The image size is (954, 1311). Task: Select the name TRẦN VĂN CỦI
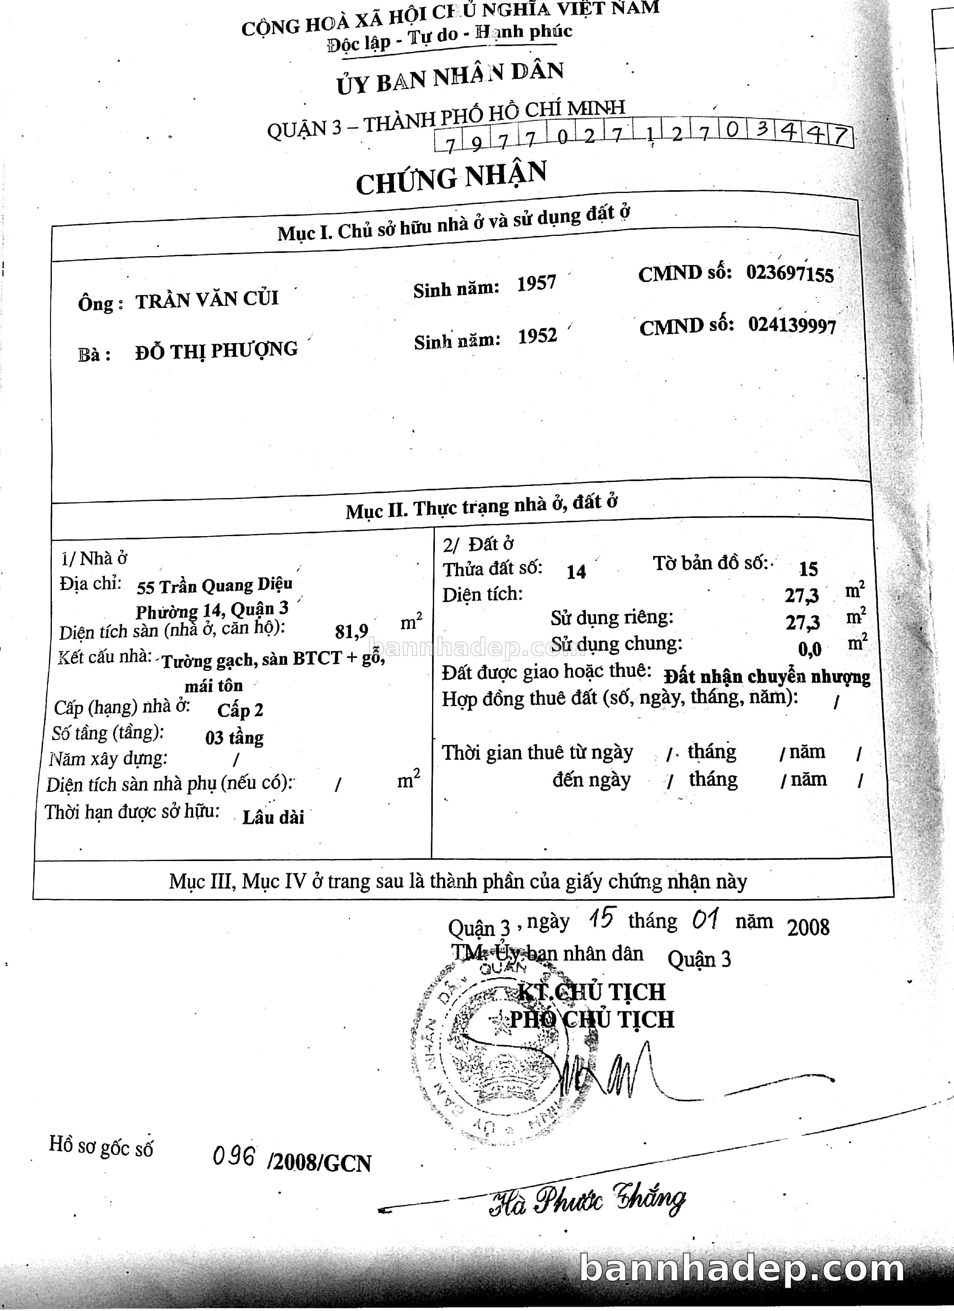207,299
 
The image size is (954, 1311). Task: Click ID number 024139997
792,325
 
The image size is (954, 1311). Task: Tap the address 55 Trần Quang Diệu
215,585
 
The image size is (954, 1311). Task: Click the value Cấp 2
240,710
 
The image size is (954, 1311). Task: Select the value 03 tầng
234,738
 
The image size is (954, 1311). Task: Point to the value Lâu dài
273,817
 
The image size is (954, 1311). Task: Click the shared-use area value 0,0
809,649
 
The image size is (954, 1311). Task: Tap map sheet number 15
808,569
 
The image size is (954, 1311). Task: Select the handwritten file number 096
234,1156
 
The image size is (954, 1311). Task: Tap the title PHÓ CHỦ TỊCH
591,1018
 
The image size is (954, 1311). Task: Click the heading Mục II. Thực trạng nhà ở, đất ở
481,506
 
